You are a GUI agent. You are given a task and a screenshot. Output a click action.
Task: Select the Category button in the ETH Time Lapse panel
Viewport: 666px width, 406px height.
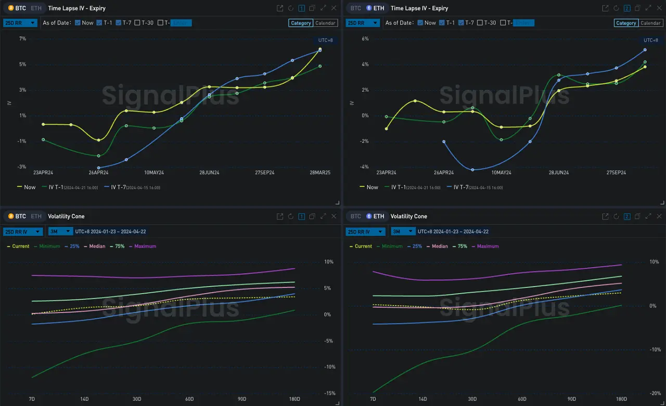click(x=626, y=23)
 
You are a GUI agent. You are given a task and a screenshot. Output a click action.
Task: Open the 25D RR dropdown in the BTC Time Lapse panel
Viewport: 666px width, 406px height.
click(x=20, y=23)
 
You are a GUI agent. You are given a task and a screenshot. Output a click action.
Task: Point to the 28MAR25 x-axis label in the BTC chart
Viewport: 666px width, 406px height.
click(x=319, y=173)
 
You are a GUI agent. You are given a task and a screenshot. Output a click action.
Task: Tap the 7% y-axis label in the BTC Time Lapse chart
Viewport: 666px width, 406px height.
click(x=22, y=39)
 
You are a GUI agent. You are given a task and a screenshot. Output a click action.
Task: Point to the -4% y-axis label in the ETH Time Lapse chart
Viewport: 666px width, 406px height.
click(x=365, y=167)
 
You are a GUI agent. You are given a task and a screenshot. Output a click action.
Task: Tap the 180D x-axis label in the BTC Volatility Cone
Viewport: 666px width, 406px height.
click(x=294, y=399)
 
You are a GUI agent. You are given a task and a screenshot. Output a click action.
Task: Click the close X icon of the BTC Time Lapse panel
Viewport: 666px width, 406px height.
click(x=334, y=8)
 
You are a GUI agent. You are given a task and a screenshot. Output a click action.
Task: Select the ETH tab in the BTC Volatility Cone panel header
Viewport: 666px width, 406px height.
click(x=36, y=216)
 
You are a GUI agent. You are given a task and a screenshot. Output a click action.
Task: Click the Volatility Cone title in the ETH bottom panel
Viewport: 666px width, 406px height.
click(x=408, y=216)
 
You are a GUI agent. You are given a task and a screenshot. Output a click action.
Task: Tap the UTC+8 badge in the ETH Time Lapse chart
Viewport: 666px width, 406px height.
click(x=651, y=41)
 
